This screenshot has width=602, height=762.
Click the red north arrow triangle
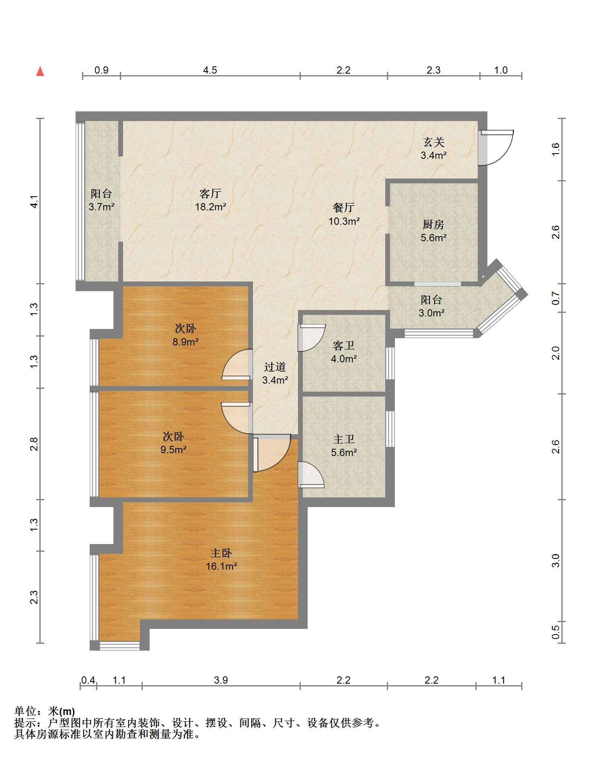[40, 72]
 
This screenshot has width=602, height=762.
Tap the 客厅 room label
[210, 194]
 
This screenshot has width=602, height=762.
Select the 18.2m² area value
[210, 207]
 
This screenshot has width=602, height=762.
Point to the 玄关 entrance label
[434, 142]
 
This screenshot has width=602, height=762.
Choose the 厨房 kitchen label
[433, 224]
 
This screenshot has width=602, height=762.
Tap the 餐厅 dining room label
[344, 207]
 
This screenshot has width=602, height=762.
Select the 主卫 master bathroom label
[344, 439]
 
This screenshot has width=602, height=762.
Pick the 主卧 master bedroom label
[221, 553]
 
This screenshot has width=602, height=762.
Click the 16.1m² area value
[221, 567]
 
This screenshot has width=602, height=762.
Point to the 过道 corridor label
[275, 367]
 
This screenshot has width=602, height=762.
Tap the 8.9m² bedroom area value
[185, 342]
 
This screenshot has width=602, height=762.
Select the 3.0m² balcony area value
[431, 313]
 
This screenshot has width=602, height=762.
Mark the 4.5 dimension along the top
[210, 70]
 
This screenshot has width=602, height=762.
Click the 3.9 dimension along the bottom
[221, 680]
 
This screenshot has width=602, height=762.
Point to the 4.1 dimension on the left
[35, 201]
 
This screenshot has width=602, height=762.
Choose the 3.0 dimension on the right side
[555, 560]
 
